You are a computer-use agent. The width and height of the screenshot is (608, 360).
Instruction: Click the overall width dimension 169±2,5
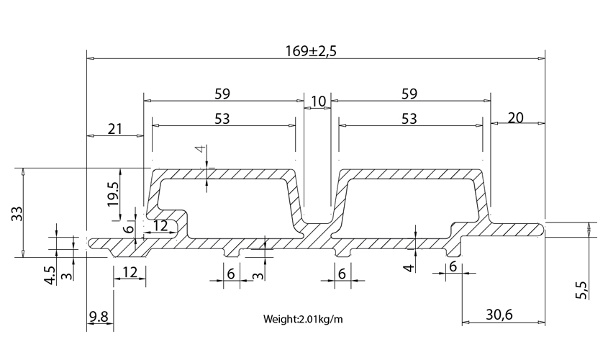[x=311, y=51]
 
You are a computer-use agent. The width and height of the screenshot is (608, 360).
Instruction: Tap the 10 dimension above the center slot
[x=318, y=102]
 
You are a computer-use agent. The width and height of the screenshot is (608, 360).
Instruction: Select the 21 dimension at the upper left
[x=115, y=129]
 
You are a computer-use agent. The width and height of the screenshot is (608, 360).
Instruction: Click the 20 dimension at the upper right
[x=515, y=117]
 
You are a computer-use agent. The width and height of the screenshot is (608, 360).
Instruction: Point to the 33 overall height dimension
[x=18, y=213]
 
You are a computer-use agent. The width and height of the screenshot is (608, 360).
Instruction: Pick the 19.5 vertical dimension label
[x=114, y=194]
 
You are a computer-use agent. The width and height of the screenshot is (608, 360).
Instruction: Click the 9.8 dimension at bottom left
[x=99, y=317]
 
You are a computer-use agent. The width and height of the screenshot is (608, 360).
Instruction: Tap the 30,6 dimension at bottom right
[x=499, y=315]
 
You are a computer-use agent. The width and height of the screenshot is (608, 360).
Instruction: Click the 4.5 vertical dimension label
[x=50, y=276]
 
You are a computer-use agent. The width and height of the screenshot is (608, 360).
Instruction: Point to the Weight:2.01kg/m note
[x=303, y=319]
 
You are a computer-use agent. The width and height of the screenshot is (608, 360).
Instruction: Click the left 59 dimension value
[x=222, y=94]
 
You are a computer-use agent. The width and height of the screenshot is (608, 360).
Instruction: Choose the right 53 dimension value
[x=409, y=119]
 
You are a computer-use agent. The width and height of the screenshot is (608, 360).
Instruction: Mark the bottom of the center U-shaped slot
[x=317, y=223]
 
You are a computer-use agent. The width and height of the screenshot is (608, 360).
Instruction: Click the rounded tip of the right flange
[x=543, y=229]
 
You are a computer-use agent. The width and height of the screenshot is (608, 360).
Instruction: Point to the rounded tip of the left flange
[x=91, y=243]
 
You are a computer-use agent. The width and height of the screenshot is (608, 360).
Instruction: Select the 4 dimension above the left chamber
[x=200, y=149]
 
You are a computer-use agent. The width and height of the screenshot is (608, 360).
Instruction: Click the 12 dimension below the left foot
[x=130, y=273]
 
